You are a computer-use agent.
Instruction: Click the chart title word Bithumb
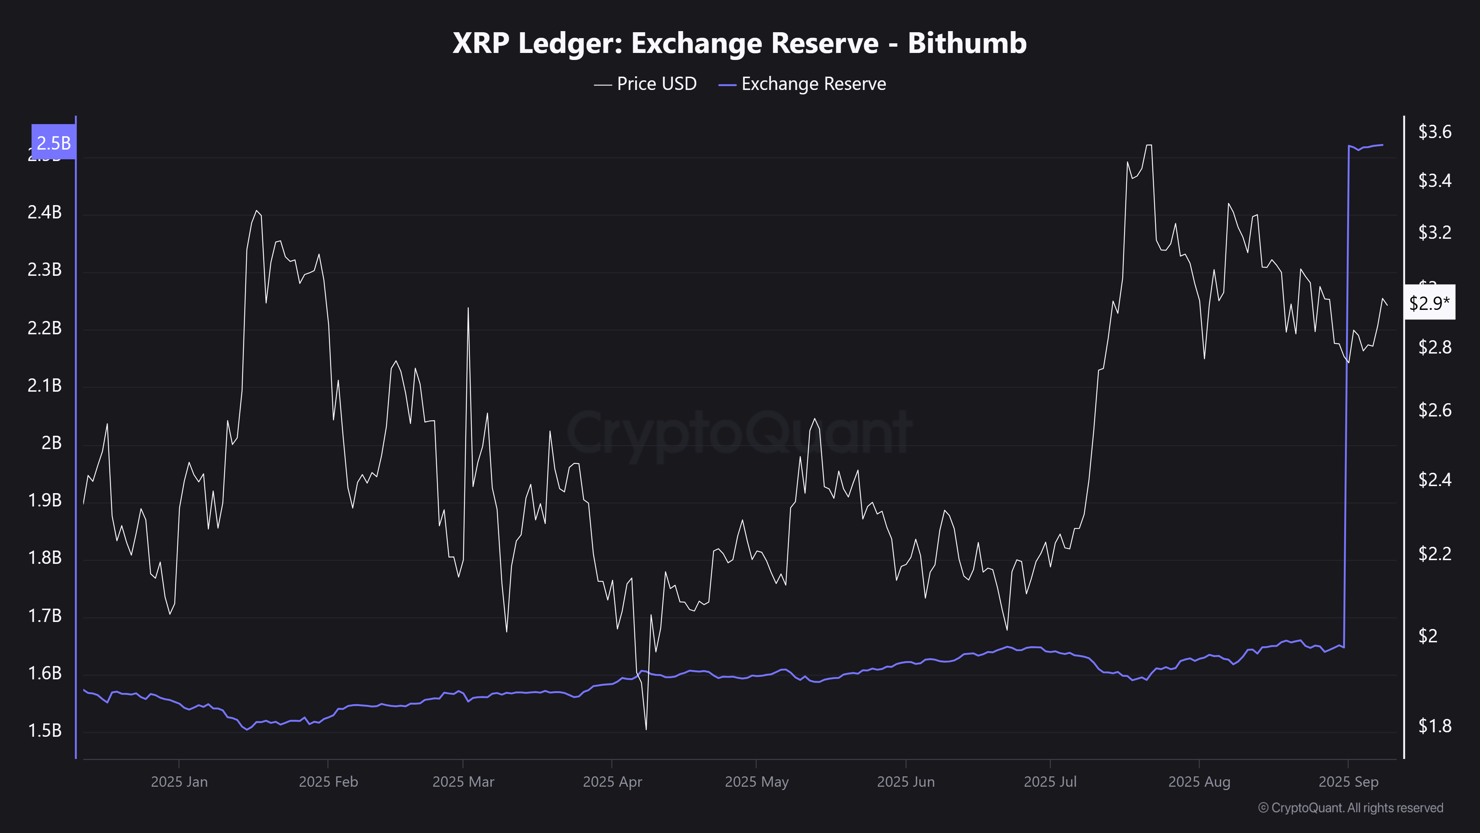[x=967, y=43]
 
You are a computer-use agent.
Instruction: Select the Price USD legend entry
[x=646, y=84]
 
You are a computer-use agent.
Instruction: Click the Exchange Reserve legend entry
[x=803, y=84]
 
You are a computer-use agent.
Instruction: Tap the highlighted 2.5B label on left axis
[x=53, y=143]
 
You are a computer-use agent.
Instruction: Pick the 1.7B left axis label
[x=44, y=616]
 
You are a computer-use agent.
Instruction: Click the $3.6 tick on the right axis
[x=1434, y=132]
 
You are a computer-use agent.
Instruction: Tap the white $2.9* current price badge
[x=1429, y=302]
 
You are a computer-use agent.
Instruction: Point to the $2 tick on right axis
[x=1428, y=635]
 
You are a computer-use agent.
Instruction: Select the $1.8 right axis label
[x=1434, y=726]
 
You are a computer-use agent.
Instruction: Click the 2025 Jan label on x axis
[x=179, y=782]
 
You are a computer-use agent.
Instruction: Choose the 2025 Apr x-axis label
[x=612, y=782]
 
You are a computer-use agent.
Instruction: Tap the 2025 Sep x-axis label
[x=1348, y=782]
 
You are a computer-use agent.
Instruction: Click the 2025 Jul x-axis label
[x=1050, y=782]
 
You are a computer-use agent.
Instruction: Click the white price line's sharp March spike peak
[x=468, y=308]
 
